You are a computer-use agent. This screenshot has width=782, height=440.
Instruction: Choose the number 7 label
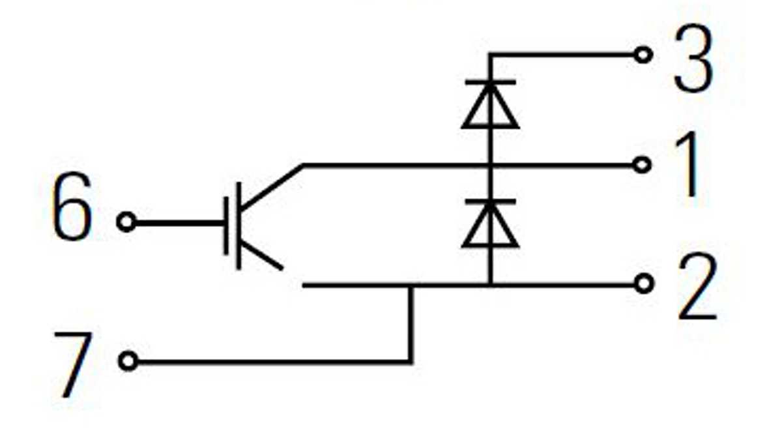point(73,365)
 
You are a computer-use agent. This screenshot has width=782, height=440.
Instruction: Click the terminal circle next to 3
point(643,55)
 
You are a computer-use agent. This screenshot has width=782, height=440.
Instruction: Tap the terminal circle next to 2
point(643,284)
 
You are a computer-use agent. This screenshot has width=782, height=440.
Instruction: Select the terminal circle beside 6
point(126,222)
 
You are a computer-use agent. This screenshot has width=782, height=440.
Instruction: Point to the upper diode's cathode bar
point(490,82)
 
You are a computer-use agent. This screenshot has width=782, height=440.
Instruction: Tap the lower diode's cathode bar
point(490,201)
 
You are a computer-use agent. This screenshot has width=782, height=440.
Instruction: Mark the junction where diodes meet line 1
point(490,166)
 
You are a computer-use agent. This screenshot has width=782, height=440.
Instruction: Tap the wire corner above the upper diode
point(490,55)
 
